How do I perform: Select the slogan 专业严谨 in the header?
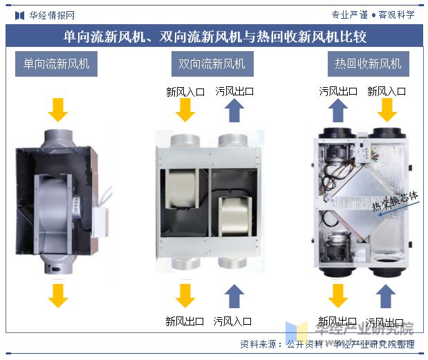pyautogui.click(x=350, y=15)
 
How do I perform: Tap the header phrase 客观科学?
pyautogui.click(x=397, y=15)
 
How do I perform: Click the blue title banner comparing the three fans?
pyautogui.click(x=214, y=36)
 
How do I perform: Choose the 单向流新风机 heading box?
pyautogui.click(x=57, y=64)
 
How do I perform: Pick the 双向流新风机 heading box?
pyautogui.click(x=212, y=64)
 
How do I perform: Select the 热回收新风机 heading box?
pyautogui.click(x=368, y=64)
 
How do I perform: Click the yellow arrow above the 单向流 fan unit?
pyautogui.click(x=58, y=109)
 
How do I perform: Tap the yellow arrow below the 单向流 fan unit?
pyautogui.click(x=58, y=295)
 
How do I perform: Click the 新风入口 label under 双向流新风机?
pyautogui.click(x=185, y=91)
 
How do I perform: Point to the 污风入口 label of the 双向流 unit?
pyautogui.click(x=233, y=321)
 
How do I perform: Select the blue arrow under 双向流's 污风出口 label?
pyautogui.click(x=234, y=111)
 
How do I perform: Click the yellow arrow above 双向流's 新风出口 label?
pyautogui.click(x=185, y=295)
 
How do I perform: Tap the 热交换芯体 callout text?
pyautogui.click(x=396, y=201)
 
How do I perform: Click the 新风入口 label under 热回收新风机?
pyautogui.click(x=386, y=91)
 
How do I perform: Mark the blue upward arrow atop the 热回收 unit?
pyautogui.click(x=338, y=111)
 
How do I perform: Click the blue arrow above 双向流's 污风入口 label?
pyautogui.click(x=234, y=295)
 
